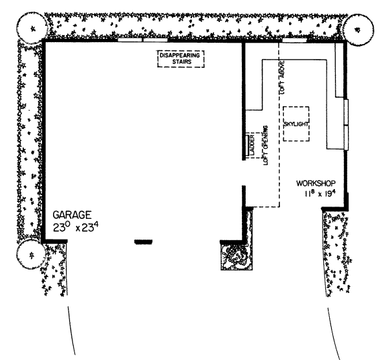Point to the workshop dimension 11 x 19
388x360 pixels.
(x=320, y=194)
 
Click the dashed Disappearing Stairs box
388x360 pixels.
(x=180, y=58)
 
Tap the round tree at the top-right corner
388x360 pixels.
(x=356, y=27)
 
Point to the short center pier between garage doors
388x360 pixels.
(x=143, y=242)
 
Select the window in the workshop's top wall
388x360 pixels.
(x=294, y=41)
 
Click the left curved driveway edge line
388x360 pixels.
(x=72, y=330)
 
